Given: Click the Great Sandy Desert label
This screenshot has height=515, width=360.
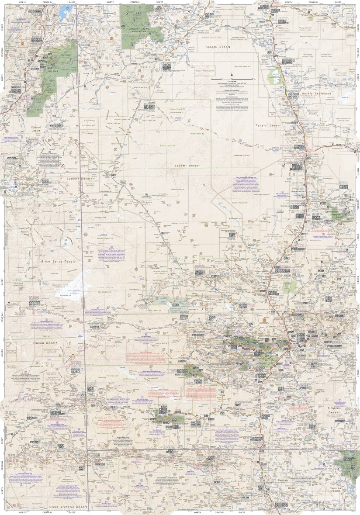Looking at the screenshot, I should tap(58, 261).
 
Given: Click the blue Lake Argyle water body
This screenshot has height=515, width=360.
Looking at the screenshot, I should tap(66, 9).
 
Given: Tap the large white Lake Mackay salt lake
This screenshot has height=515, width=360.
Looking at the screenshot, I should tap(72, 288).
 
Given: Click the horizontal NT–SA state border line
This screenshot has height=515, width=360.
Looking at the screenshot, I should tap(218, 449).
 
